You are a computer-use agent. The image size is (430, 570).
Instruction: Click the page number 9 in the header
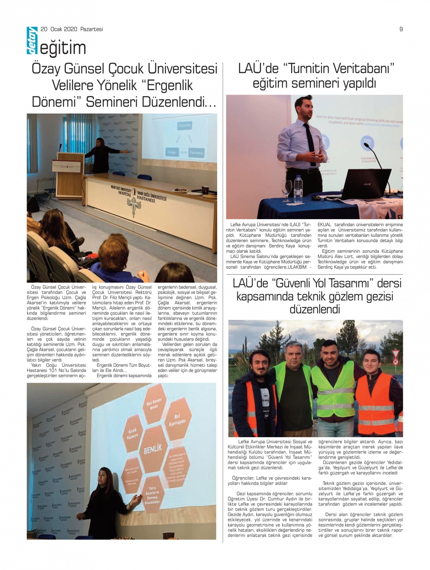[401, 29]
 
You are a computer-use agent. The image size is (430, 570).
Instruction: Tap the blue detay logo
[32, 41]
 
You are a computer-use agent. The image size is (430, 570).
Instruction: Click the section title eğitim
[63, 48]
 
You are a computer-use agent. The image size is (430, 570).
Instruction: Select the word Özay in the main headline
[47, 69]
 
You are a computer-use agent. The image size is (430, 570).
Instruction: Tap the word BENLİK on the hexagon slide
[153, 449]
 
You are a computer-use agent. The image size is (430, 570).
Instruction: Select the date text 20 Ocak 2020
[59, 29]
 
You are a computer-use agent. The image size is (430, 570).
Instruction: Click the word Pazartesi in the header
[91, 29]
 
